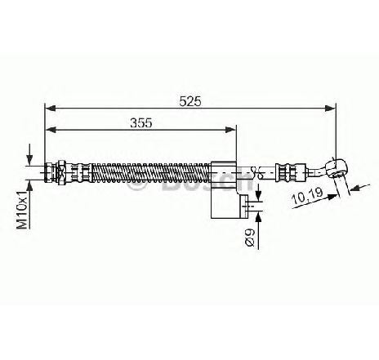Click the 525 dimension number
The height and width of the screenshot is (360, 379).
(190, 101)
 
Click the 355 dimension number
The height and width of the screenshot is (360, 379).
(141, 123)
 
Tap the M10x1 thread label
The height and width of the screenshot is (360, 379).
(22, 210)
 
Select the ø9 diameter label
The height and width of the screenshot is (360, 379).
(250, 238)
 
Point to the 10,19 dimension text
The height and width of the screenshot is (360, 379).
(307, 195)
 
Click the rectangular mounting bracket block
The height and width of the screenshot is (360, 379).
(224, 190)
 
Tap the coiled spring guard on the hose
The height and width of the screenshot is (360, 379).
(151, 172)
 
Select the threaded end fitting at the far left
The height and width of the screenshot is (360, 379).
(50, 172)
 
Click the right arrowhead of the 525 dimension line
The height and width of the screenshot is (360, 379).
(331, 109)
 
